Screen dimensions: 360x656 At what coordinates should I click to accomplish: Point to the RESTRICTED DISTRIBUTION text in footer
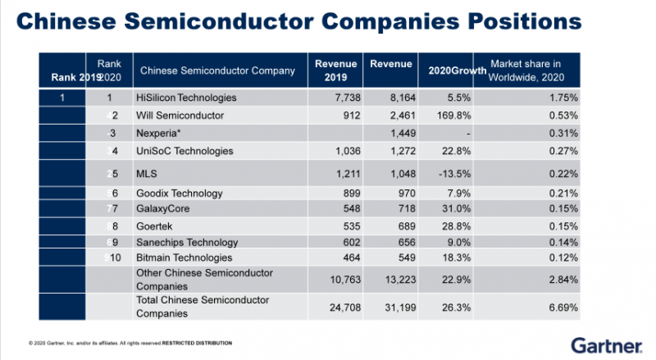pyautogui.click(x=196, y=342)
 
